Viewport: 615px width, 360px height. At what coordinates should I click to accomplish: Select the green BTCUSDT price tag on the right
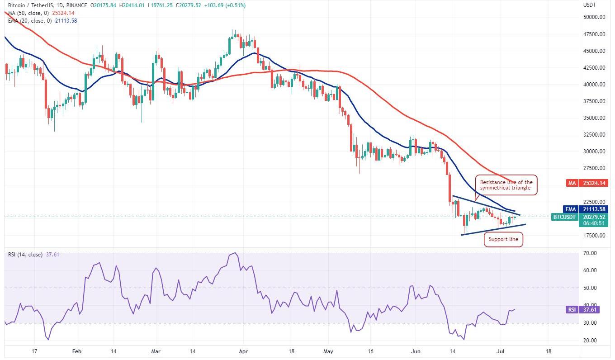565,217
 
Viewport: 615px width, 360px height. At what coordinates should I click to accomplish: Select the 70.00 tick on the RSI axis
590,253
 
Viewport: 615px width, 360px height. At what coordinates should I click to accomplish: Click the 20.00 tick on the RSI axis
590,341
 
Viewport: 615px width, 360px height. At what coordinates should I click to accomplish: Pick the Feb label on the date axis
77,351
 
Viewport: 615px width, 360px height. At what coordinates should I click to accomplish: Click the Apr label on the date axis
243,351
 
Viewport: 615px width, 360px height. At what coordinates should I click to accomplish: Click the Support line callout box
503,239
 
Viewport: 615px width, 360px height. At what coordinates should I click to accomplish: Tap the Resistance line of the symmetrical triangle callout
506,185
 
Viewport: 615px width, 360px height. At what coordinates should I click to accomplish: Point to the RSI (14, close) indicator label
25,255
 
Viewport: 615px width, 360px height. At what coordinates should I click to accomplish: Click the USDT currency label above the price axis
590,5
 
